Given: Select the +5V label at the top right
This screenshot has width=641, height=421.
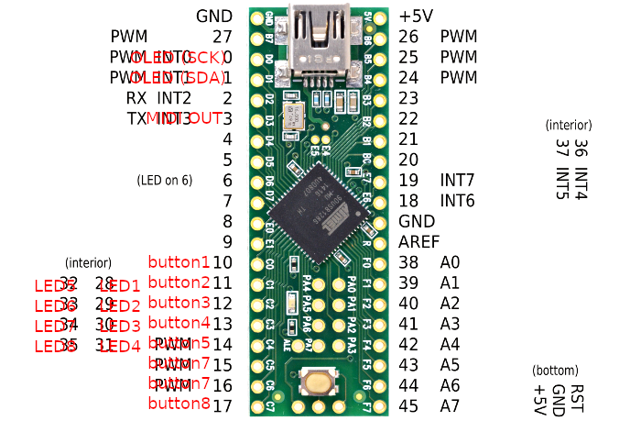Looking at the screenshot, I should pyautogui.click(x=417, y=17).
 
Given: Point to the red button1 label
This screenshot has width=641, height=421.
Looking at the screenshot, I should pyautogui.click(x=179, y=262).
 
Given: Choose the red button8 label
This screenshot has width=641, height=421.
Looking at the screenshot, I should pyautogui.click(x=179, y=404).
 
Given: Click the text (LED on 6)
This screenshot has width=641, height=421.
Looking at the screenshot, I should pyautogui.click(x=165, y=180).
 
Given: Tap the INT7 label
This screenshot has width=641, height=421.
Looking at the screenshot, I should pyautogui.click(x=458, y=180).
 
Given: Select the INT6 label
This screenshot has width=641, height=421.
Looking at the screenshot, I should pyautogui.click(x=458, y=200).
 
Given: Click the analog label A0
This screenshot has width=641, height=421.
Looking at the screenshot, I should pyautogui.click(x=450, y=262).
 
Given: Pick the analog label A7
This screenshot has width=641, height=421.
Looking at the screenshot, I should pyautogui.click(x=450, y=405).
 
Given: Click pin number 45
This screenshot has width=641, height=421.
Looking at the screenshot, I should pyautogui.click(x=409, y=405).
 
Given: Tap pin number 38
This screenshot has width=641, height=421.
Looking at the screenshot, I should pyautogui.click(x=409, y=262).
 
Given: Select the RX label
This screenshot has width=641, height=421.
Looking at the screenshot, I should pyautogui.click(x=136, y=97).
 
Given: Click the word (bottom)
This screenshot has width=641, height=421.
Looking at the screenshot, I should pyautogui.click(x=555, y=371).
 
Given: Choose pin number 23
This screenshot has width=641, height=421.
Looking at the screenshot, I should pyautogui.click(x=409, y=97).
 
